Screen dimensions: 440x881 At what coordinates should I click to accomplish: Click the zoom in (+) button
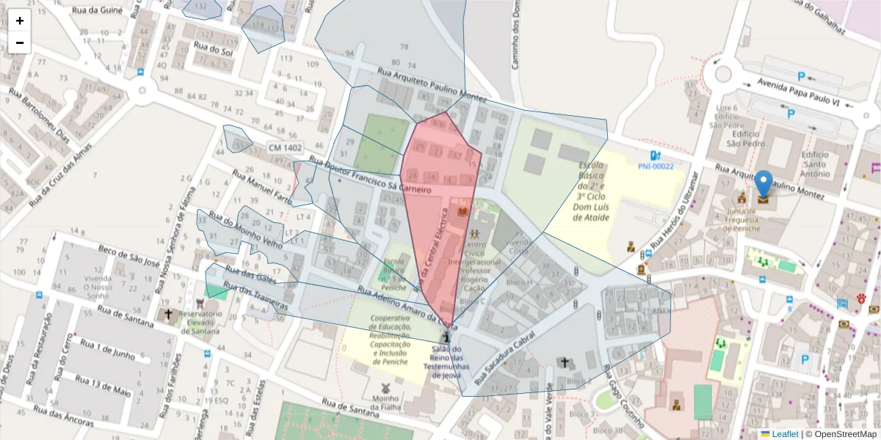coord(20,21)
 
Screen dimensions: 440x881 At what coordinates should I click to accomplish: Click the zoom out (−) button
coord(20,43)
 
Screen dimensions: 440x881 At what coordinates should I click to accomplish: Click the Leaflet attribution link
coord(785,434)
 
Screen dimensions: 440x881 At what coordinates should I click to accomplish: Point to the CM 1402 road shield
coord(285,148)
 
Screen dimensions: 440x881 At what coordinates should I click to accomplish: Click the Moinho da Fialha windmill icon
coord(383,387)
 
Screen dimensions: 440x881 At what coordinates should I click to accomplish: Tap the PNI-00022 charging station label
coord(656,166)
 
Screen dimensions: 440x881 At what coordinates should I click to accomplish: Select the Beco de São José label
coord(128,256)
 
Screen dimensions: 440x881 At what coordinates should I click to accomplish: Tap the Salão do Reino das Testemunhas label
coord(446,362)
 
